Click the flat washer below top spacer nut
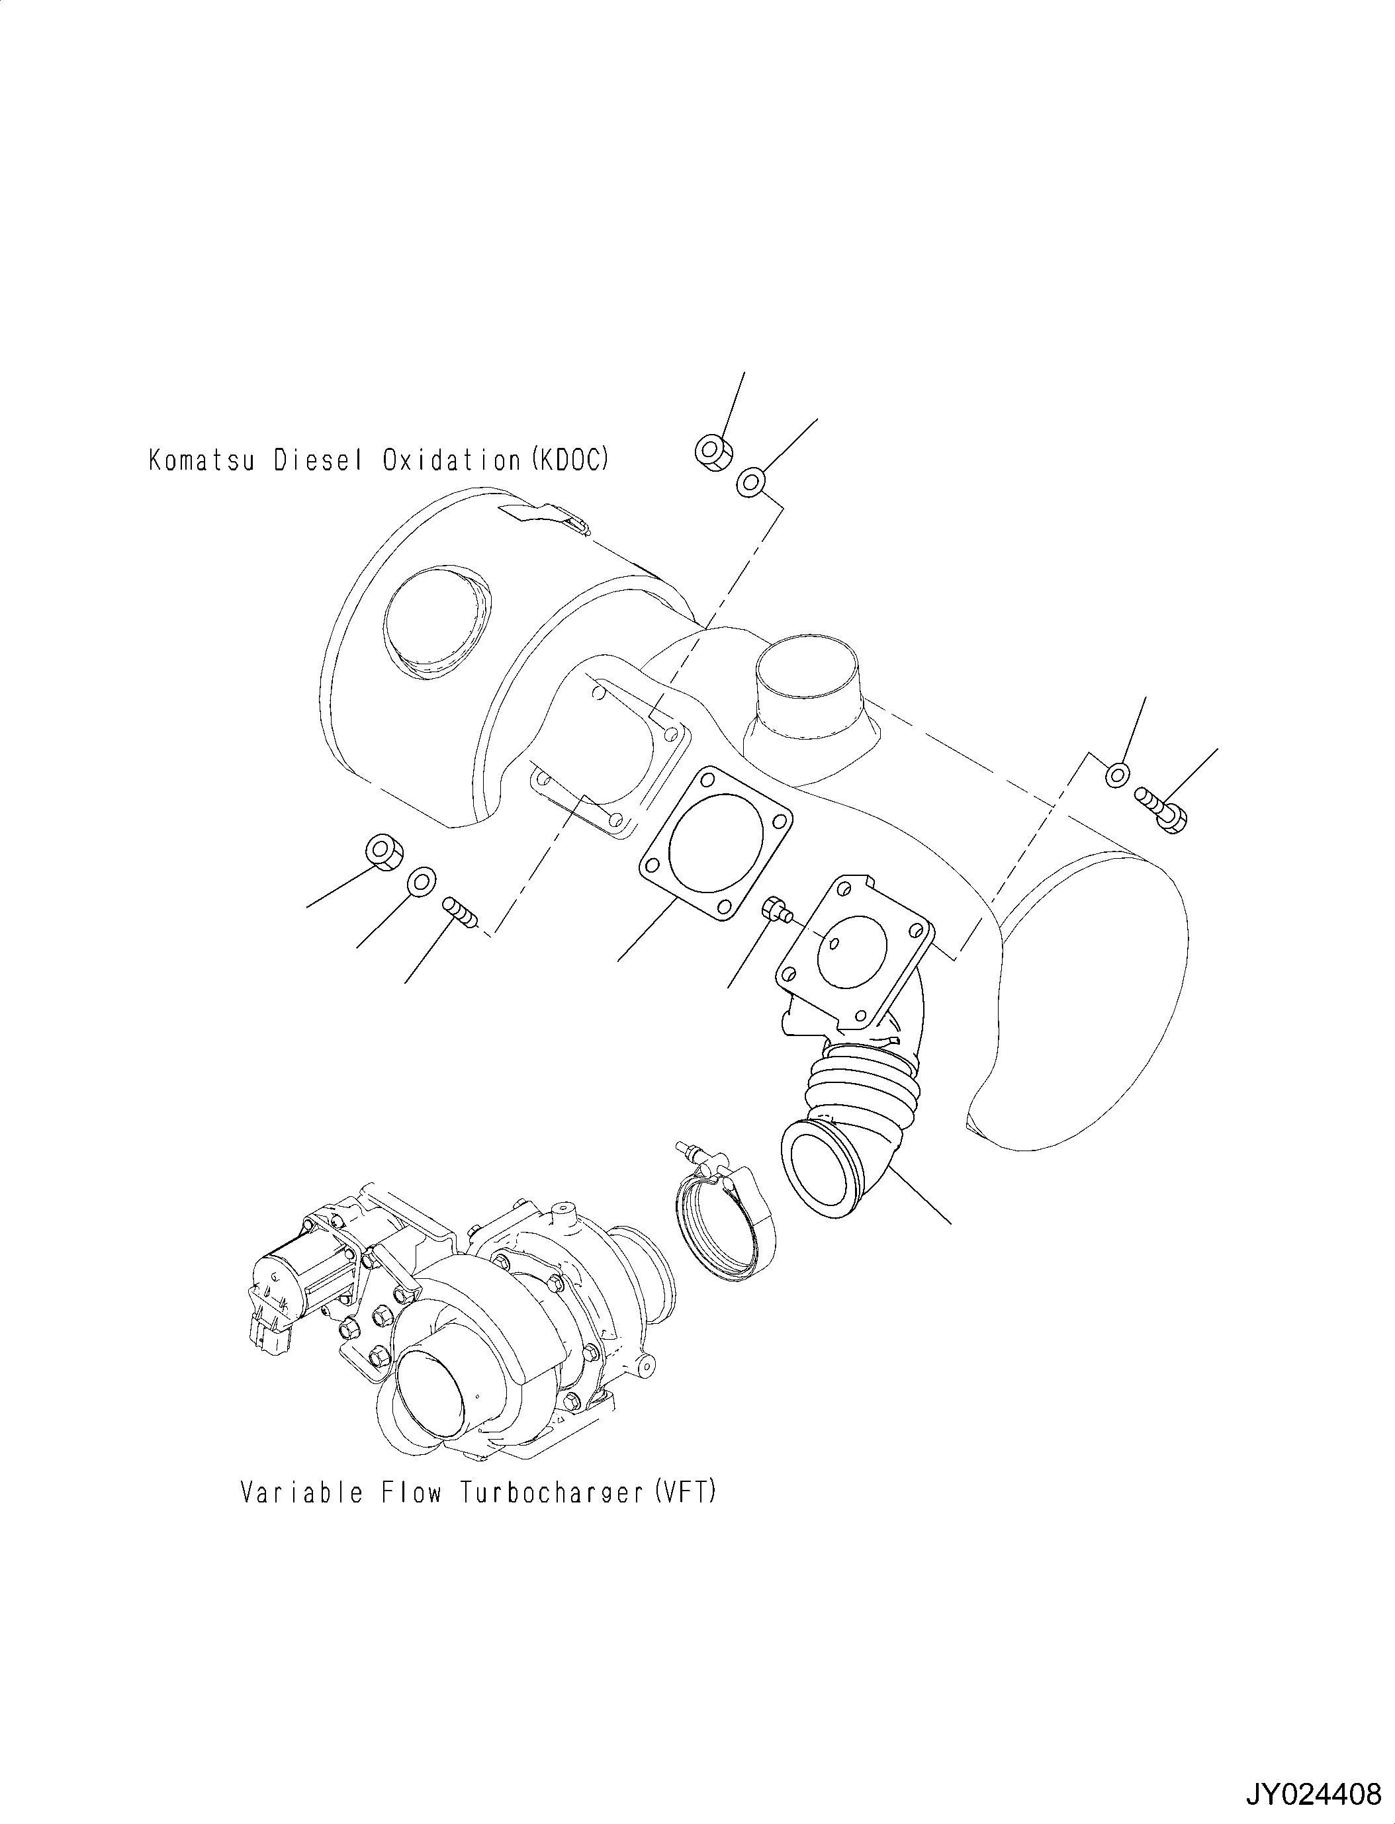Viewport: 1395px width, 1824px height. pyautogui.click(x=750, y=482)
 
